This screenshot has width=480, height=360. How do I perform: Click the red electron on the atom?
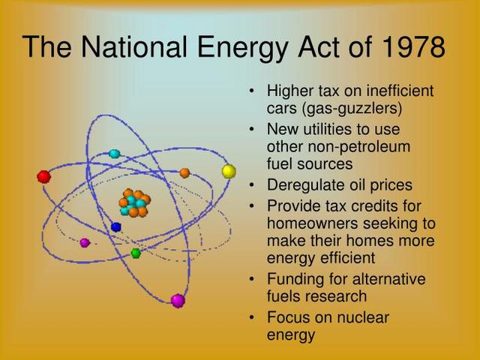tap(43, 177)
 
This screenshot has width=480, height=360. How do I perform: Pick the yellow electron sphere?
tap(229, 171)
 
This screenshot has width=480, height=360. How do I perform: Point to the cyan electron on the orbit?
tap(114, 154)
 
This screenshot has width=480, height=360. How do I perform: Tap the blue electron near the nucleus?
tap(115, 226)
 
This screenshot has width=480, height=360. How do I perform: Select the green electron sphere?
tap(136, 253)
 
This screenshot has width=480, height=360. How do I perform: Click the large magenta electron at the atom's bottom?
tap(178, 301)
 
